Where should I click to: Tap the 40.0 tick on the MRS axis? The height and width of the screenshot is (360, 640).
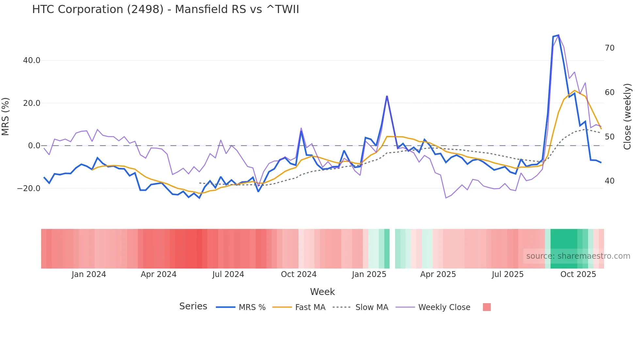coord(32,60)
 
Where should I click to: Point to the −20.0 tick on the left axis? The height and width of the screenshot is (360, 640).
coord(29,188)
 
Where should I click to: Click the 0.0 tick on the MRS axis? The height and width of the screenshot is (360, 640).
coord(34,146)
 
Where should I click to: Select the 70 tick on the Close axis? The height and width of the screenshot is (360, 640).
coord(609,48)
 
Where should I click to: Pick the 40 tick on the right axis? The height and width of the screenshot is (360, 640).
coord(609,181)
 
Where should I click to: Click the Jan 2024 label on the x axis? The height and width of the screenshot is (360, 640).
coord(89,274)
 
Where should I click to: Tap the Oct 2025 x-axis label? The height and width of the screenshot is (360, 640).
coord(578,274)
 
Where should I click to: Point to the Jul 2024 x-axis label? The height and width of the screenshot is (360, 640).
coord(228,274)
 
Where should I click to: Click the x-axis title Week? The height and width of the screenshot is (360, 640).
coord(322,292)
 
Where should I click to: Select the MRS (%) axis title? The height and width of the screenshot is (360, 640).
coord(6,117)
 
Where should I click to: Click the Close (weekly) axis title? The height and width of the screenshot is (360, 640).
coord(627,117)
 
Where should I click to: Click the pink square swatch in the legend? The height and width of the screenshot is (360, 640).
coord(487,307)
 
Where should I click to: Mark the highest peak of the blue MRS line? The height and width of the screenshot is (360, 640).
coord(558,35)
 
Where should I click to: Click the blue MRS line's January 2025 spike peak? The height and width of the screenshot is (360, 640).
coord(387,96)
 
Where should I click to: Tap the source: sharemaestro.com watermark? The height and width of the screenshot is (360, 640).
coord(578,256)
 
